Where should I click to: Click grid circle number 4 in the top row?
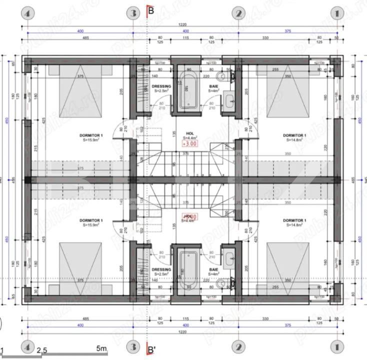[x=27, y=13]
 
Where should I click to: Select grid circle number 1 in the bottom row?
[x=339, y=347]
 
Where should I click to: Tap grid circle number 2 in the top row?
[x=239, y=13]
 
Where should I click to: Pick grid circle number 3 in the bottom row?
[x=132, y=347]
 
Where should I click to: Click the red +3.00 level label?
[x=189, y=143]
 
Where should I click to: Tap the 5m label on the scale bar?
[x=101, y=348]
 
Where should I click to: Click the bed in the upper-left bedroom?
[x=80, y=93]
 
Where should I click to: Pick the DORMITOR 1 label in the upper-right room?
[x=294, y=135]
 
